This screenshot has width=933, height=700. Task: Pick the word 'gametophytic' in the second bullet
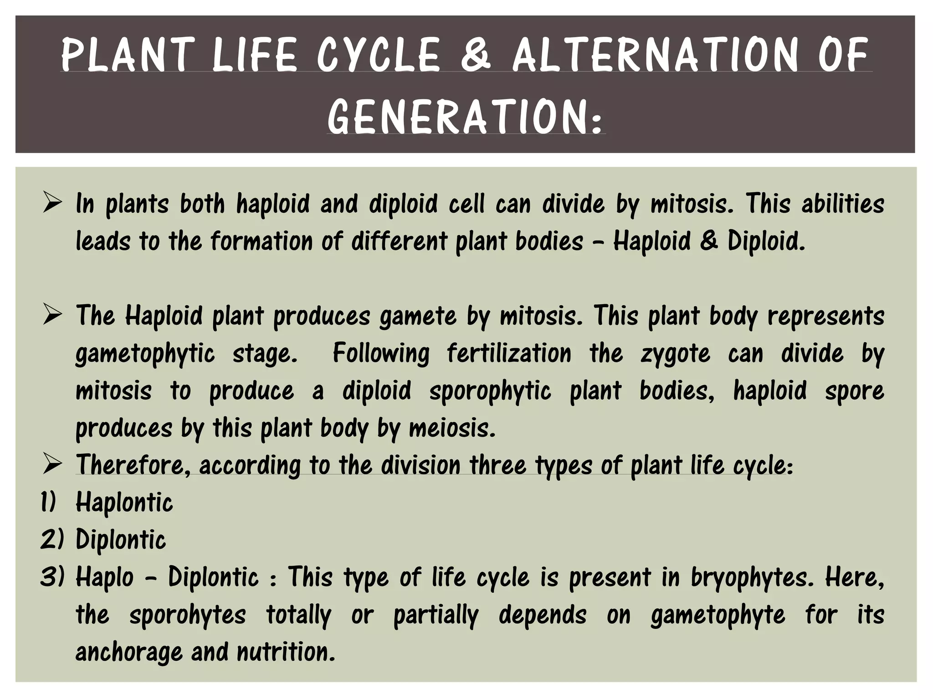click(145, 354)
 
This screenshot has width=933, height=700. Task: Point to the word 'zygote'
click(675, 354)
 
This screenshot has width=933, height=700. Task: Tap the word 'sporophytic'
click(490, 391)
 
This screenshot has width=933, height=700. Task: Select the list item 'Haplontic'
click(124, 502)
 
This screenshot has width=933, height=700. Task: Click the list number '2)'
click(52, 540)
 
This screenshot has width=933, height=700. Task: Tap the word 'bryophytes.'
click(752, 577)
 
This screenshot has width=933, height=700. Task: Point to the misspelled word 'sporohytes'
click(188, 615)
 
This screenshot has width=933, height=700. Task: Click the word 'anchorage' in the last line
click(128, 652)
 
